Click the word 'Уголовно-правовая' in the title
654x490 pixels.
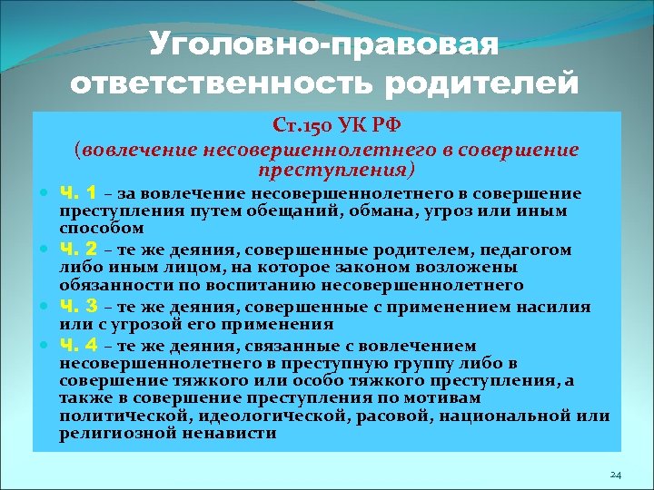coord(325,44)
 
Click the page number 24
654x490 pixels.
coord(615,475)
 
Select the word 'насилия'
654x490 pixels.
coord(570,308)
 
